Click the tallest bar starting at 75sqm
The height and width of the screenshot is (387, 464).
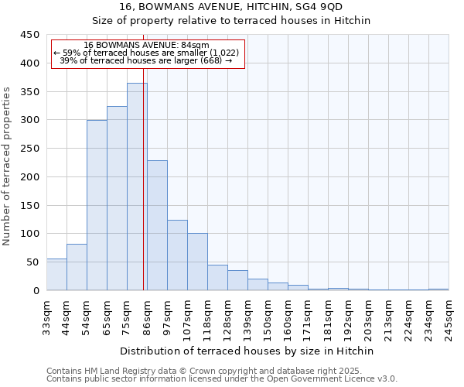tap(137, 187)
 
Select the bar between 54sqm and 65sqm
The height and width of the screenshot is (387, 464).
tap(97, 205)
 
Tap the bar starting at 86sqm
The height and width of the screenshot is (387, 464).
tap(157, 225)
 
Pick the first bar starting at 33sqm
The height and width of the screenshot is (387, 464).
tap(56, 275)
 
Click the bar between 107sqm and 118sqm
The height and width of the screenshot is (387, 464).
tap(197, 262)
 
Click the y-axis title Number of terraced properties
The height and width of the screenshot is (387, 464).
tap(7, 166)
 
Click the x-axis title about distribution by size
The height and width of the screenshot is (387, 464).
tap(247, 351)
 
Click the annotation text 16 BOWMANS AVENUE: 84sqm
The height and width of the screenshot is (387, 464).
tap(146, 45)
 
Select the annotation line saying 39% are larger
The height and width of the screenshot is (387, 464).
tap(146, 60)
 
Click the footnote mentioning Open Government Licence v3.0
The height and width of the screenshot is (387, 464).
tap(222, 378)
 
